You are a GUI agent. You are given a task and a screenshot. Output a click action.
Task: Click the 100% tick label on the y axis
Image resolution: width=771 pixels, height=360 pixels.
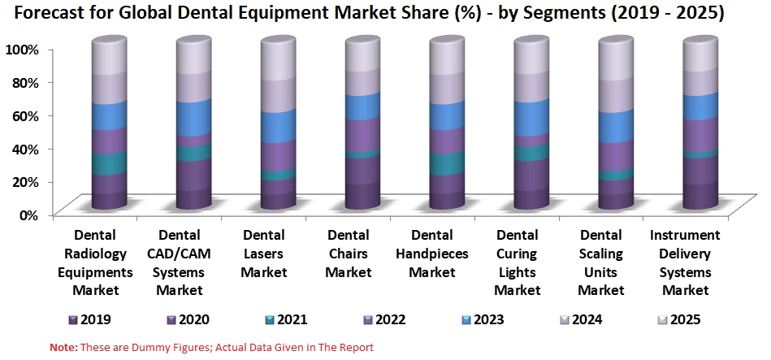22,50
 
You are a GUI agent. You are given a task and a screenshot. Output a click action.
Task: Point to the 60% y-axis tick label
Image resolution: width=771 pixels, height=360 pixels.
25,115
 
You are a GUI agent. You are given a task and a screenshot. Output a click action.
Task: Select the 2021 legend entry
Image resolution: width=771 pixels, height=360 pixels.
286,319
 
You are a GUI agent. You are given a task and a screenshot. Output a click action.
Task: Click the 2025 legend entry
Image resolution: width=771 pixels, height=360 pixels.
679,319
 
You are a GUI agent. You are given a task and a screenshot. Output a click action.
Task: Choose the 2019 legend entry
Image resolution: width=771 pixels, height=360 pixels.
89,319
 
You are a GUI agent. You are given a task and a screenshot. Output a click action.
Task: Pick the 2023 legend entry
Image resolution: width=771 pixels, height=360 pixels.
483,319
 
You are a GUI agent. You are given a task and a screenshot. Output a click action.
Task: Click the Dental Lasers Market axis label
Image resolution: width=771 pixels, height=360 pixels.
264,254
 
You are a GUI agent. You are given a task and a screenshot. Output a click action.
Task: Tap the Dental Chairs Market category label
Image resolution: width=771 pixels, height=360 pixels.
349,254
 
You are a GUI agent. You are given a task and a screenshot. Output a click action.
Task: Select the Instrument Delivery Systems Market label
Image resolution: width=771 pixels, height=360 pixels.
686,262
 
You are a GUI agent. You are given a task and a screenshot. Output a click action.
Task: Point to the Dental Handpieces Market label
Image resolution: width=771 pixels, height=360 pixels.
432,254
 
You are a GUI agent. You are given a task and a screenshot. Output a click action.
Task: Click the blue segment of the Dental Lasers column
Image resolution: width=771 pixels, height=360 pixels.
279,126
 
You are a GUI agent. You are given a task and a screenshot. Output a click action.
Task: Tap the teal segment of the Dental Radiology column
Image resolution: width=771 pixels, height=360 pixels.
109,163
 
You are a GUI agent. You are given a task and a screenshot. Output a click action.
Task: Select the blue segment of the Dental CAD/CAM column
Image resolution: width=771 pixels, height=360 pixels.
194,117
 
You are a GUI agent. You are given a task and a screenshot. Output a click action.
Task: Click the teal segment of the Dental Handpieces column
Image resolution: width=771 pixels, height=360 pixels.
447,163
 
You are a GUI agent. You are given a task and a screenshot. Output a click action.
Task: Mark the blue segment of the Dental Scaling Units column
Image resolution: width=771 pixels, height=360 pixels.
616,126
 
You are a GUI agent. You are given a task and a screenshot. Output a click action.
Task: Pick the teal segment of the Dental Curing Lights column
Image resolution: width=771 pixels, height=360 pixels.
531,152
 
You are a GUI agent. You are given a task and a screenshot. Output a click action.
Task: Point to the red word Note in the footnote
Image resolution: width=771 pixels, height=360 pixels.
63,347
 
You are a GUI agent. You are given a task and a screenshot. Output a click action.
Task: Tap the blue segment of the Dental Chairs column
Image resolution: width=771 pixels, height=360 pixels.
362,106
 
